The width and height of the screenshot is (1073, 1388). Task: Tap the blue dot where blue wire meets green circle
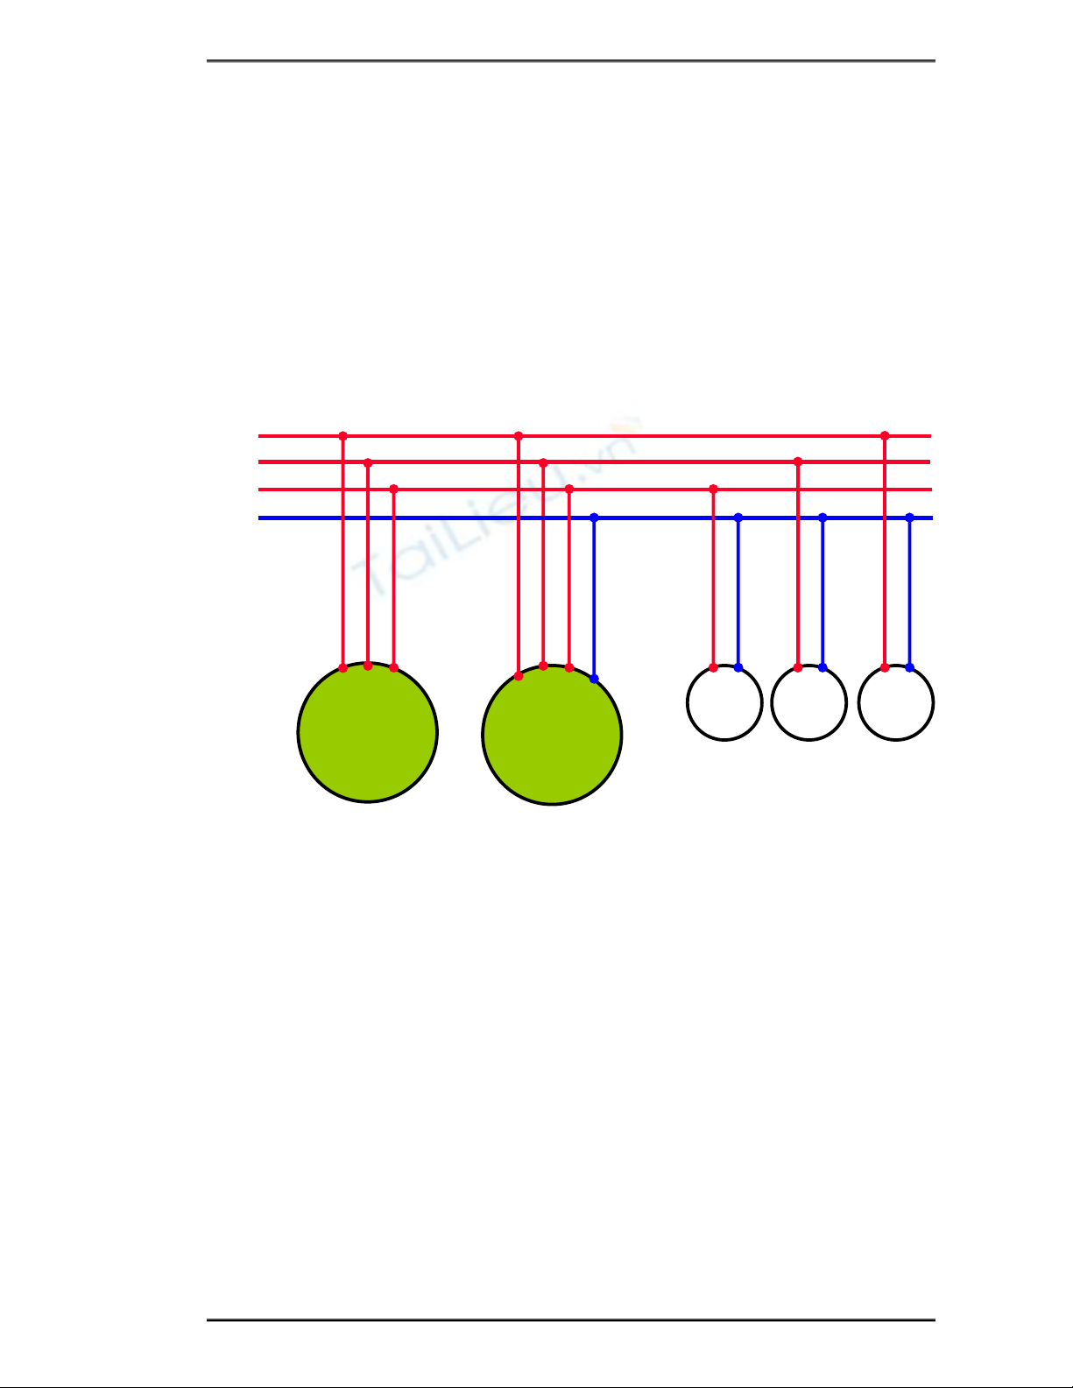tap(594, 679)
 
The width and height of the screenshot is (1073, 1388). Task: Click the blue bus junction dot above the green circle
tap(594, 518)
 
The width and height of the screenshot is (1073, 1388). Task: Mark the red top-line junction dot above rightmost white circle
tap(885, 435)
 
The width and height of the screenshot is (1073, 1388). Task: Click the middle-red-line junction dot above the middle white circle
tap(798, 461)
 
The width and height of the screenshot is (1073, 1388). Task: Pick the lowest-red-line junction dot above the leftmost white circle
tap(713, 489)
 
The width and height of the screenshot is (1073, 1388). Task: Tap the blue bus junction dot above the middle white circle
tap(822, 518)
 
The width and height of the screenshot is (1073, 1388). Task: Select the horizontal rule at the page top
tap(571, 61)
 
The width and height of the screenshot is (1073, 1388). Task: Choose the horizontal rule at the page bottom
tap(571, 1320)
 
